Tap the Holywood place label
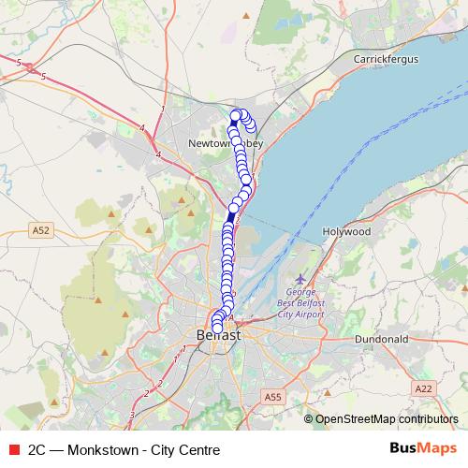[x=346, y=230]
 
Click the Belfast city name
[x=218, y=335]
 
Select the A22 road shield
[x=424, y=388]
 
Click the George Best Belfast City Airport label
[x=302, y=303]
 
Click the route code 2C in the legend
[x=37, y=449]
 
